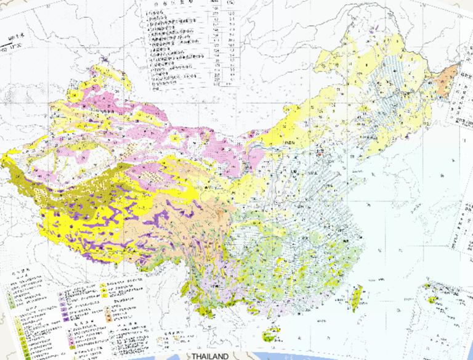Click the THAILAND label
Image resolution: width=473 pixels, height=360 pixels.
[x=209, y=356]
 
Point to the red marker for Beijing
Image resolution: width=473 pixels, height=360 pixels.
[x=320, y=150]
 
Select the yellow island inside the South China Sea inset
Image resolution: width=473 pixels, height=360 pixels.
[x=434, y=300]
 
